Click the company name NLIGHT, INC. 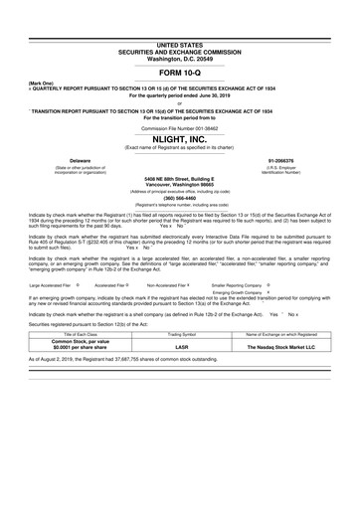click(179, 140)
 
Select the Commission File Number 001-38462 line click(179, 128)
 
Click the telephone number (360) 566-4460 click(179, 196)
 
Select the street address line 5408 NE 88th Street click(179, 178)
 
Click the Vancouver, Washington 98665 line click(179, 184)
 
